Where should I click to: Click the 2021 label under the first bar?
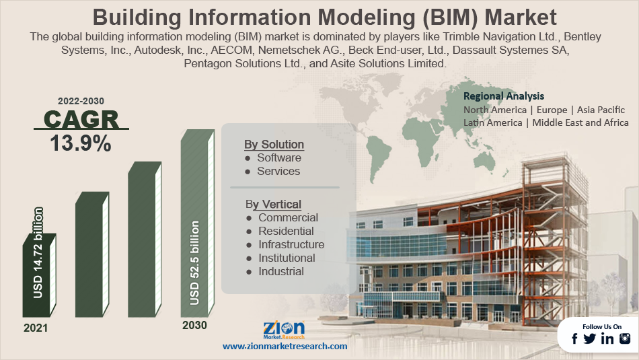click(x=36, y=328)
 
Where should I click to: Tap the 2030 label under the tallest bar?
click(x=194, y=325)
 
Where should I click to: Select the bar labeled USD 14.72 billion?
click(x=39, y=275)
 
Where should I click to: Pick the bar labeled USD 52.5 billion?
click(x=198, y=223)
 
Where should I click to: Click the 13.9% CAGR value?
click(x=81, y=143)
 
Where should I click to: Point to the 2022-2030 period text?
click(x=81, y=101)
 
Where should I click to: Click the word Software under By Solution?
click(x=279, y=157)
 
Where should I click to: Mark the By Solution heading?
click(x=274, y=145)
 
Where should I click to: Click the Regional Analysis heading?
click(x=504, y=96)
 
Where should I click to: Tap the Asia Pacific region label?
click(x=601, y=110)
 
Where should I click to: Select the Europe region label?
click(x=552, y=110)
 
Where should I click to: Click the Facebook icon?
click(x=574, y=338)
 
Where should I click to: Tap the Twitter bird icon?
click(x=589, y=338)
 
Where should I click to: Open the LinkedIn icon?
click(x=607, y=338)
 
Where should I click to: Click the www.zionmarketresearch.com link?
click(x=285, y=346)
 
